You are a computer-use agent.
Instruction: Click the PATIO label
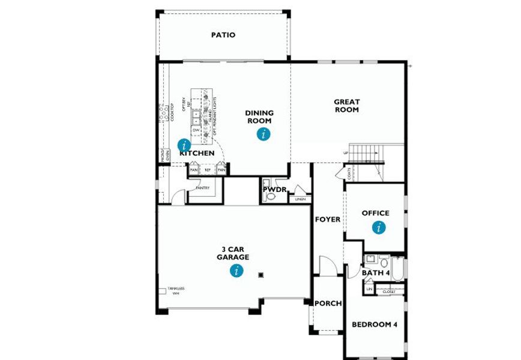(x=223, y=35)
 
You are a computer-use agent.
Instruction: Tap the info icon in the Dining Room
(x=263, y=134)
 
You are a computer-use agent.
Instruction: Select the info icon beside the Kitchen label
(x=184, y=145)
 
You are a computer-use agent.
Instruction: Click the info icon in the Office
(x=379, y=227)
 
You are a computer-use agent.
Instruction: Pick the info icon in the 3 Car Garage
(x=238, y=271)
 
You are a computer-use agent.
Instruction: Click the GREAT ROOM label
(x=346, y=106)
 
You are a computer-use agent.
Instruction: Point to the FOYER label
(x=328, y=220)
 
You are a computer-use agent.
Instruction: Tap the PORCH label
(x=328, y=304)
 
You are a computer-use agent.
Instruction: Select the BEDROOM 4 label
(x=375, y=325)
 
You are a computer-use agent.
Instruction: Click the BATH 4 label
(x=376, y=273)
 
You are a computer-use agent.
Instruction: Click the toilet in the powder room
(x=271, y=196)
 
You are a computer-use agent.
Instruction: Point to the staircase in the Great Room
(x=367, y=154)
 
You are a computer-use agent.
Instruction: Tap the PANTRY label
(x=203, y=188)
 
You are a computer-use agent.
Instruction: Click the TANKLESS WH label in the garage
(x=176, y=291)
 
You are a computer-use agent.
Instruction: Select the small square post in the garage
(x=261, y=275)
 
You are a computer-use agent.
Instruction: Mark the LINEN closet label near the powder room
(x=300, y=199)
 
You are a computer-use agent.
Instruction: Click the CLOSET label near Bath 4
(x=388, y=292)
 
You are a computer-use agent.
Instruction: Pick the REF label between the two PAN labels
(x=208, y=170)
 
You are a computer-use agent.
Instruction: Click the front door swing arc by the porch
(x=327, y=264)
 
